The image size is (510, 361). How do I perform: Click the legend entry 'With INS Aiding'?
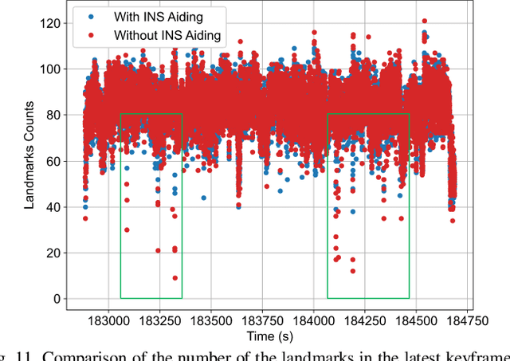tap(157, 17)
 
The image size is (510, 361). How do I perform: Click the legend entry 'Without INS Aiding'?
tap(167, 35)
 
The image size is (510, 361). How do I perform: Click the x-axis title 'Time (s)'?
tap(269, 336)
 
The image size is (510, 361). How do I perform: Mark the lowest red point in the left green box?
tap(175, 278)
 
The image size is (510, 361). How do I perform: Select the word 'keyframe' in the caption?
tap(480, 355)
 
